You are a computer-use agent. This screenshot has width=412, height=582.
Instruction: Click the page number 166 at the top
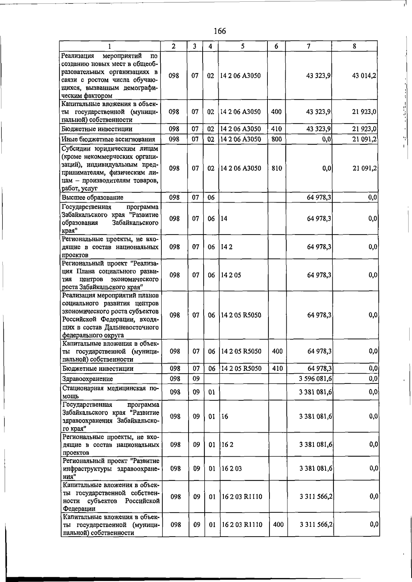click(x=220, y=31)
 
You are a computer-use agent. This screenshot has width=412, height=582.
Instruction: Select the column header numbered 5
click(x=242, y=46)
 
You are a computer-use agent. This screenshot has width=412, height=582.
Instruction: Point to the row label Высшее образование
click(x=92, y=197)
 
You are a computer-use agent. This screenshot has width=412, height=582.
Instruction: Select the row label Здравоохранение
click(x=88, y=379)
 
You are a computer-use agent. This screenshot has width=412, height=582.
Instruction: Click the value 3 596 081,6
click(x=315, y=379)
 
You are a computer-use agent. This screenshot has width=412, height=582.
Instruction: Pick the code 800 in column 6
click(x=276, y=139)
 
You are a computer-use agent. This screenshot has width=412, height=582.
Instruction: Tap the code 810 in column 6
click(x=276, y=169)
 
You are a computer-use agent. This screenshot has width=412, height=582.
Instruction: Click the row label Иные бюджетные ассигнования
click(x=108, y=139)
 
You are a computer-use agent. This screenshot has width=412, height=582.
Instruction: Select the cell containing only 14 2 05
click(x=231, y=275)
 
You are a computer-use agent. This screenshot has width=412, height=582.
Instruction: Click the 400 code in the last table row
click(x=278, y=525)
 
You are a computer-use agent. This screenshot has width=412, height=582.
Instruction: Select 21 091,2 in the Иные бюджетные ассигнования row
click(x=365, y=139)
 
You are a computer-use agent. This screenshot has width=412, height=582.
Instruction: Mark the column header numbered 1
click(x=110, y=46)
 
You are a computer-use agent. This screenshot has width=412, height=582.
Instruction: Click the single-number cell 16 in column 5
click(x=225, y=416)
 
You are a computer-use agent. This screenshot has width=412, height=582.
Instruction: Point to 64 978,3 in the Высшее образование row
click(x=319, y=197)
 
